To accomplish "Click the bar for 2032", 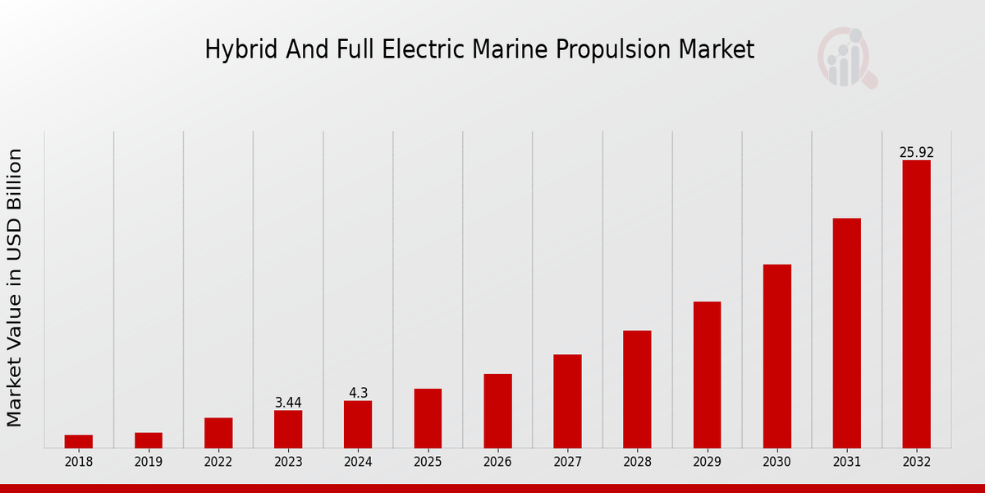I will pyautogui.click(x=916, y=304).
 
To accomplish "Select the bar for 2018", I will pyautogui.click(x=79, y=441).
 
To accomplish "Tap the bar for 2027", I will pyautogui.click(x=567, y=401).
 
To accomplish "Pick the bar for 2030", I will pyautogui.click(x=777, y=356).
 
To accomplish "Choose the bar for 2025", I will pyautogui.click(x=428, y=418).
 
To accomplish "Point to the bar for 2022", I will pyautogui.click(x=218, y=433).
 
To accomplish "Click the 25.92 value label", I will pyautogui.click(x=916, y=153).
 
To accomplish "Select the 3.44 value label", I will pyautogui.click(x=288, y=403).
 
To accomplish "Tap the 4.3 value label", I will pyautogui.click(x=358, y=393).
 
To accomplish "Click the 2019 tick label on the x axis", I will pyautogui.click(x=149, y=462).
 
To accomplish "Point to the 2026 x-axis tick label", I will pyautogui.click(x=497, y=462).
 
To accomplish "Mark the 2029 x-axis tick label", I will pyautogui.click(x=707, y=462).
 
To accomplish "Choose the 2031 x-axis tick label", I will pyautogui.click(x=846, y=462).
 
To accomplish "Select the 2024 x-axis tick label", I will pyautogui.click(x=358, y=462).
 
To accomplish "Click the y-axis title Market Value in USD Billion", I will pyautogui.click(x=15, y=288).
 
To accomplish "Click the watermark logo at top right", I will pyautogui.click(x=846, y=58).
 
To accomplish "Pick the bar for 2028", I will pyautogui.click(x=637, y=389).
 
